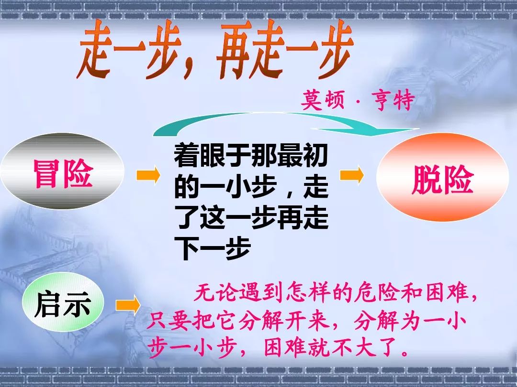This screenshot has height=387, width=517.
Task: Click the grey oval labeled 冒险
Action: coord(62,171)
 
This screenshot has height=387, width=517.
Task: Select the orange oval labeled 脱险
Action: coord(442,177)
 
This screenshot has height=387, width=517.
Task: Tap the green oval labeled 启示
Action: coord(63,302)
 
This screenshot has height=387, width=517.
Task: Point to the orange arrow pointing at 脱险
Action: coord(352,175)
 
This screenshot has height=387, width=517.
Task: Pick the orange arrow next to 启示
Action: coord(128,305)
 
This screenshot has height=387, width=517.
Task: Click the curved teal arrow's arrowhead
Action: coord(382,130)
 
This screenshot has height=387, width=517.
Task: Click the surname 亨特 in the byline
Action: coord(393,100)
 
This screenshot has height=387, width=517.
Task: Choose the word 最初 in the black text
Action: coord(303,156)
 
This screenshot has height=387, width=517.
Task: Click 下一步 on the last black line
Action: coord(213,247)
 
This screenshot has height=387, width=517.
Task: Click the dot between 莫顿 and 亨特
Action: coord(358,100)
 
